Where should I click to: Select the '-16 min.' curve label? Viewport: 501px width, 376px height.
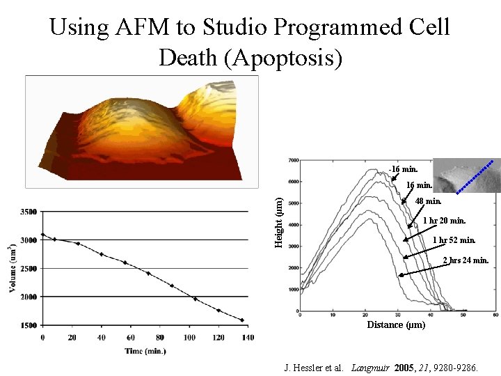[404, 169]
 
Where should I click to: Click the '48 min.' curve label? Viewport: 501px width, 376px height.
[428, 201]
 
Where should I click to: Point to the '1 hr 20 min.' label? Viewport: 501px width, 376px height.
[444, 221]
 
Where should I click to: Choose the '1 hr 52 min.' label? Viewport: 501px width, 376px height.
[454, 240]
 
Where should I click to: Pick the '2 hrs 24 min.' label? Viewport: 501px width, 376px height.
[466, 260]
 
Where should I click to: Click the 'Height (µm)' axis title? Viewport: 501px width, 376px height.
[278, 221]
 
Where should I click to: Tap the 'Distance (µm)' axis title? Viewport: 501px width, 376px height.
[395, 324]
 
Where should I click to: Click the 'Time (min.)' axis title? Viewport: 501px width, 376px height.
[145, 351]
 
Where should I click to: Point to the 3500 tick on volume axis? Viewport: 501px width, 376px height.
[29, 211]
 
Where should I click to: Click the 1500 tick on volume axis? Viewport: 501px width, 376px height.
[29, 324]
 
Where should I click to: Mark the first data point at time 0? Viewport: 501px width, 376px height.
[42, 235]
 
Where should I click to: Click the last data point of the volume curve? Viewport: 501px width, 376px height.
[242, 320]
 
